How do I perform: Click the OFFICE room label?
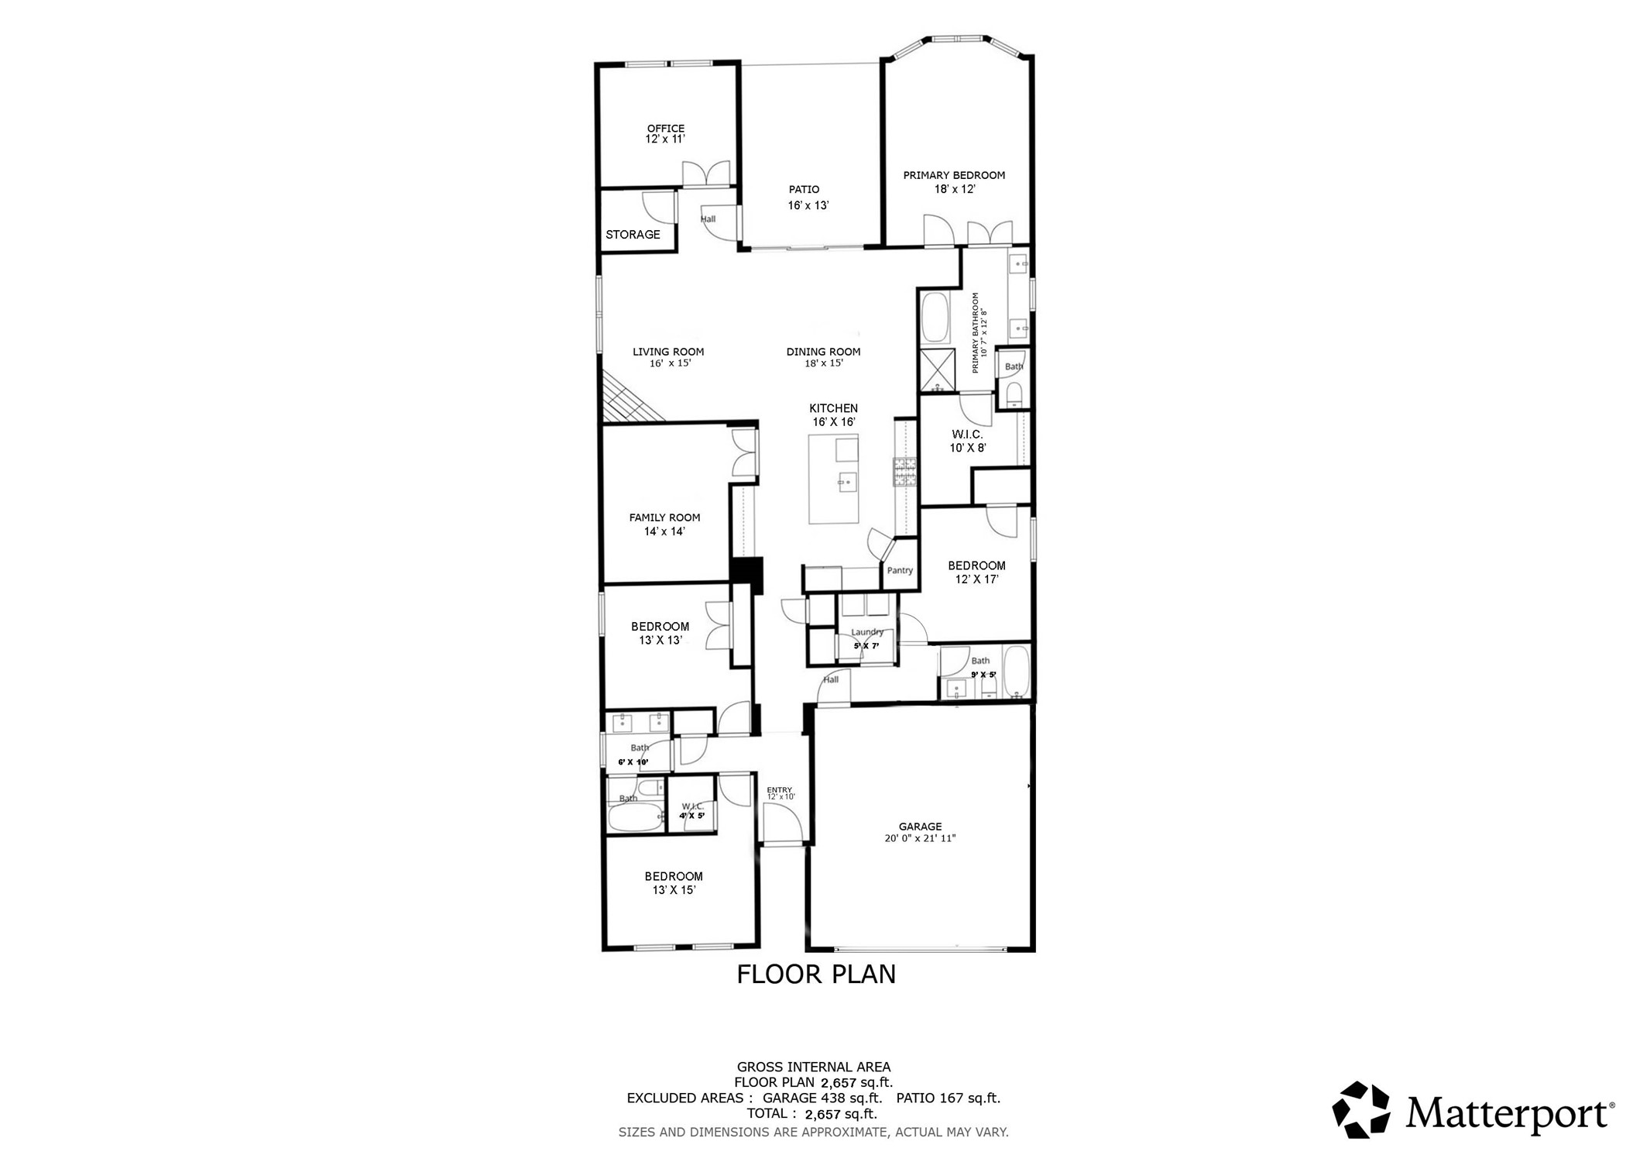pos(665,129)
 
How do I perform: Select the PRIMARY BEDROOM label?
pos(953,176)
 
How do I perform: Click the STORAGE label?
pos(633,235)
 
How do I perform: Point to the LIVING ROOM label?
pos(667,352)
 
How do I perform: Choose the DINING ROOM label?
pos(823,352)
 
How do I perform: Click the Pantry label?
pos(899,571)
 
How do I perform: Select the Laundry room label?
pos(866,632)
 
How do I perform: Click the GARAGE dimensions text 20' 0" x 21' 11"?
pos(920,838)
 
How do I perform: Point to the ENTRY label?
pos(779,790)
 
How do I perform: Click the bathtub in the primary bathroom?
pos(935,318)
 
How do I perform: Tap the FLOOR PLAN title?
pos(815,974)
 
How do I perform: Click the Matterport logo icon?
pos(1360,1110)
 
